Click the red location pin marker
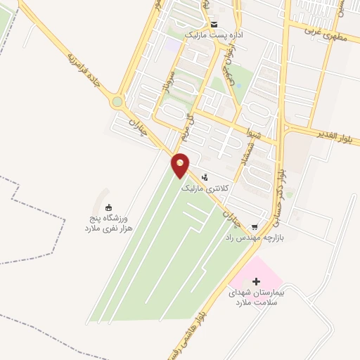(x=181, y=164)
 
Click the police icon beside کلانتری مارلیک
(x=205, y=178)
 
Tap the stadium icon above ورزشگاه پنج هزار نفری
(x=108, y=207)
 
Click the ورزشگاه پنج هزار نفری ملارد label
(x=108, y=224)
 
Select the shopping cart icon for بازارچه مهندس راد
(x=255, y=226)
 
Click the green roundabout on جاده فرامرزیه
(x=117, y=103)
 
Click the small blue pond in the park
(x=237, y=86)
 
